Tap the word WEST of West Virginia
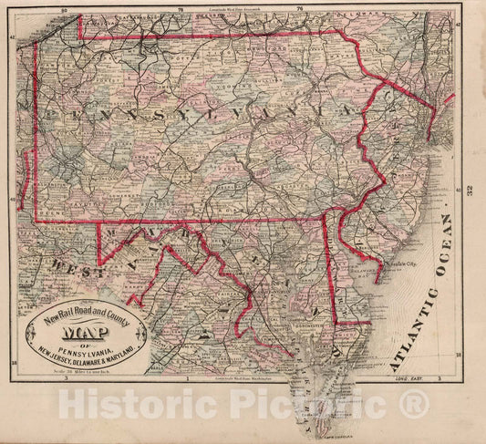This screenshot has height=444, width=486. coord(62,267)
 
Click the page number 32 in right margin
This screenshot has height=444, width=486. coord(470,191)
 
